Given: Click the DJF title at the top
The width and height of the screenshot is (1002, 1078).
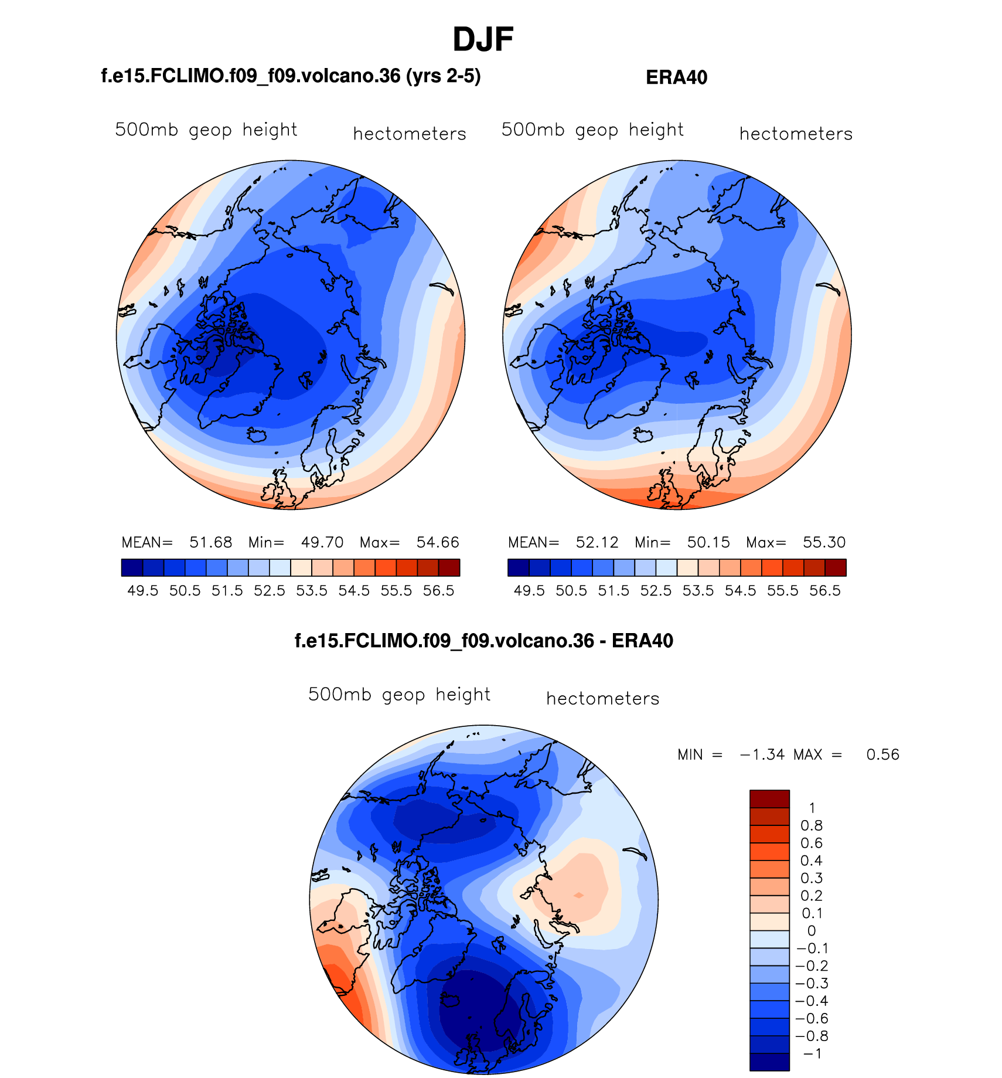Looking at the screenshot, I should point(483,40).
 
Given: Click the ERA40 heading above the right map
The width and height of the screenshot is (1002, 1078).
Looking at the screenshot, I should point(676,77).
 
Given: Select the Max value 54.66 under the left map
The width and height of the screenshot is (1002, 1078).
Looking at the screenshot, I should point(438,542).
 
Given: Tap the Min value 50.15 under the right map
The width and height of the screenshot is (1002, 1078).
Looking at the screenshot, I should point(708,542).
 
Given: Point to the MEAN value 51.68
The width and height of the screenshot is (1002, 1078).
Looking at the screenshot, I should point(211,542).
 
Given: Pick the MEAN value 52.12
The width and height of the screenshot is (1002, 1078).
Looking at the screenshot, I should point(597,542).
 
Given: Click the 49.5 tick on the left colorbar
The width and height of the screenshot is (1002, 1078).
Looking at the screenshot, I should point(143,591).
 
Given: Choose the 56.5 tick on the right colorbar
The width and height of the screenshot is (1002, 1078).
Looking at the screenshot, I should point(825,591).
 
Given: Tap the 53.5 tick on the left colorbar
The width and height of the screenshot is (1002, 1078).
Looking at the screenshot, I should point(312,591).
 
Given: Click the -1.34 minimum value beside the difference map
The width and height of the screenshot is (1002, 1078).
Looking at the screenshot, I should point(762,754).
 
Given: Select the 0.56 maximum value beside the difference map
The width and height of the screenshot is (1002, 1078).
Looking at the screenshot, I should point(882,754).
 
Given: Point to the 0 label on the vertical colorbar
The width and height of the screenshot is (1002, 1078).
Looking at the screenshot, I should point(812,931).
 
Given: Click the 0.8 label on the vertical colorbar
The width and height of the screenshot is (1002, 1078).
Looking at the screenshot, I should point(812,826).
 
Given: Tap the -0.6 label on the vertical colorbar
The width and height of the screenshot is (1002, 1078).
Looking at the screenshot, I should point(812,1019).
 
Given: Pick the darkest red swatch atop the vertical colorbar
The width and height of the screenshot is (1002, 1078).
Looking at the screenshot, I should point(769,799).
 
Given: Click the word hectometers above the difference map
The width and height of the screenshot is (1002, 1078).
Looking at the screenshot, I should point(602,699).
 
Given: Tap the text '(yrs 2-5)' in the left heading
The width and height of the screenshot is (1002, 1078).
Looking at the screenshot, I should point(444,76).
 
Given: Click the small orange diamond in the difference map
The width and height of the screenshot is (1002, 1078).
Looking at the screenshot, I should point(579,895).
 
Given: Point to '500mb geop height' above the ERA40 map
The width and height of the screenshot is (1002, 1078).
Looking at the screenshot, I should point(592,130).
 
